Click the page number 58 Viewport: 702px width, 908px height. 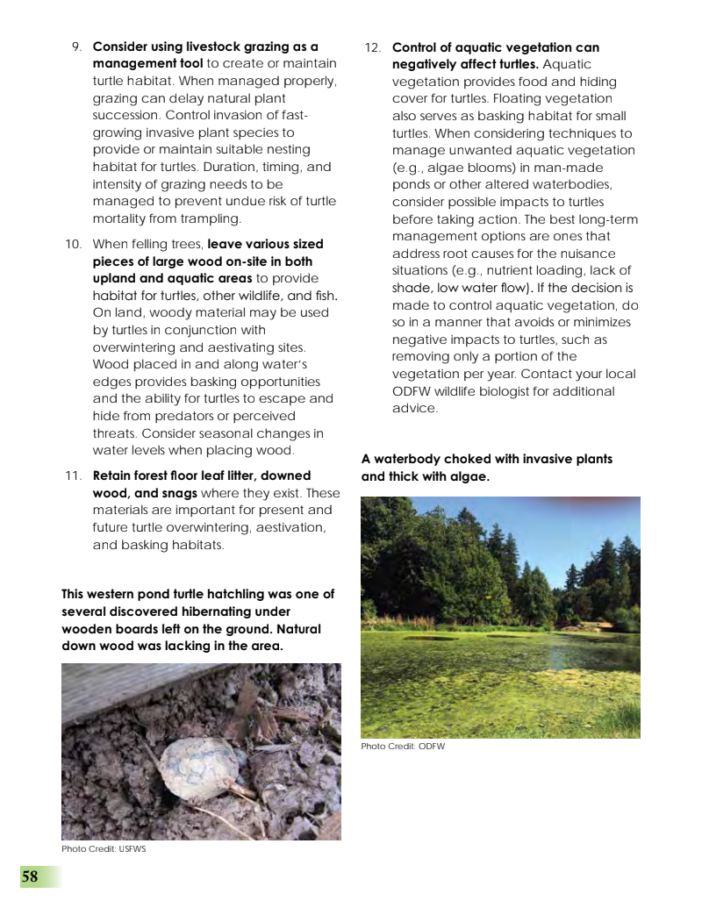click(30, 876)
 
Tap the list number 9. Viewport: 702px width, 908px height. click(76, 47)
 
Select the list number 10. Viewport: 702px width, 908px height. click(73, 244)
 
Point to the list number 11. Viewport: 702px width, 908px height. click(73, 475)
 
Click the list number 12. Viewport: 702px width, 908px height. click(372, 47)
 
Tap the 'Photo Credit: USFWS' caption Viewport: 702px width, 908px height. click(104, 849)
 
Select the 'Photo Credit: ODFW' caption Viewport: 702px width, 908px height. click(403, 747)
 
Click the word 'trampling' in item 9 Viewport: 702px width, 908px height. click(210, 218)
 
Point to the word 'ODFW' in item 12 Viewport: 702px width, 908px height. click(412, 391)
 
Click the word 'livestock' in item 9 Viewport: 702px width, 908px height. click(208, 47)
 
